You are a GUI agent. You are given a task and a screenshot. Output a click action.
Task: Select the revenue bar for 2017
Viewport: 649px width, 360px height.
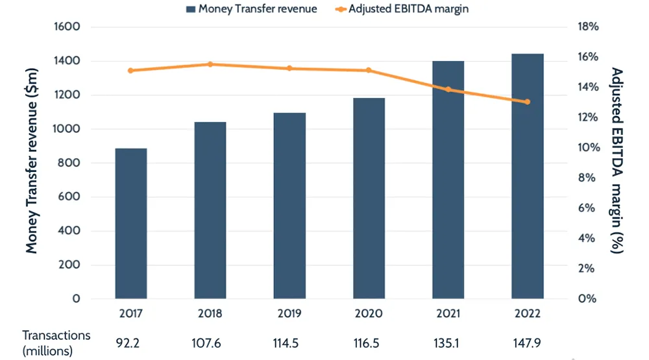pos(131,224)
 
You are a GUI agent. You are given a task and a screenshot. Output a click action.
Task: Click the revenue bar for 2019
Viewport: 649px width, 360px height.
pos(289,206)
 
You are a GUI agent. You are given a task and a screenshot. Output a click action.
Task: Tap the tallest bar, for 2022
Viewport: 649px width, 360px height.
pos(527,176)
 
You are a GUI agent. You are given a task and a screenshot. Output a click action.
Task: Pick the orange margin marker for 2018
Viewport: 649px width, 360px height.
pos(210,64)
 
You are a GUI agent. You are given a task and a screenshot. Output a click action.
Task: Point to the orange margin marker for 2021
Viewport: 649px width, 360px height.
pos(448,90)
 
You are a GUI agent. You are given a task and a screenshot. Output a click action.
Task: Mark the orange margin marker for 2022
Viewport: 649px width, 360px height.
pos(527,102)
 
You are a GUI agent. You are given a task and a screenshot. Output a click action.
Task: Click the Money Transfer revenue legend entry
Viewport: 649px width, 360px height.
pos(251,9)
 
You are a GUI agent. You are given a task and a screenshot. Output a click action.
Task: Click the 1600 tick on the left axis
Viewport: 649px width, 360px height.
pos(67,27)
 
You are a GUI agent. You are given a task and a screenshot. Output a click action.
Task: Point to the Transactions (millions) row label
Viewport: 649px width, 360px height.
pos(56,343)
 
